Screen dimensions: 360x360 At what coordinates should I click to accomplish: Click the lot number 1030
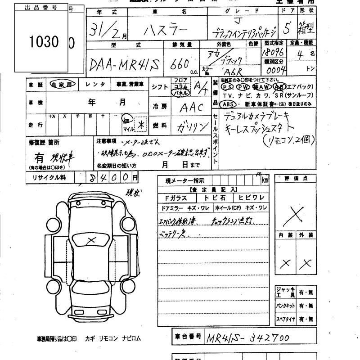click(x=44, y=42)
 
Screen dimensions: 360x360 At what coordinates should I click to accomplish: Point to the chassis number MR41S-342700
click(x=247, y=337)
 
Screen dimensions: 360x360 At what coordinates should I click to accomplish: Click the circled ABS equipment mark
click(x=228, y=103)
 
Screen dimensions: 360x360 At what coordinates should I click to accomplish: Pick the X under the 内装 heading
click(x=285, y=263)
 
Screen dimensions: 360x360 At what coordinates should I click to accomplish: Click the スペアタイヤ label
click(x=286, y=320)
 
